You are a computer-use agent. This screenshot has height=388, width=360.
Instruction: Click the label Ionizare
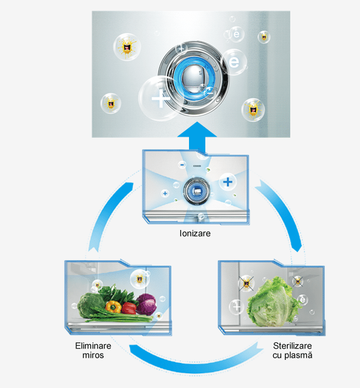point(195,233)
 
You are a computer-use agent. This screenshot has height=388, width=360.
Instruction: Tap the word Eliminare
point(93,346)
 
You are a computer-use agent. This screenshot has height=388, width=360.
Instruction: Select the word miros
point(93,355)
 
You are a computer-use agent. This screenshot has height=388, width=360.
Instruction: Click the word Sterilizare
point(292,346)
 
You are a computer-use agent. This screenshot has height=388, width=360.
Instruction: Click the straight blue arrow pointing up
point(197,136)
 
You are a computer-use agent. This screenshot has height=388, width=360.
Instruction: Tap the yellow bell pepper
point(114,307)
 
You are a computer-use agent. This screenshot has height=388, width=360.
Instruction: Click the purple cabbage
point(146,304)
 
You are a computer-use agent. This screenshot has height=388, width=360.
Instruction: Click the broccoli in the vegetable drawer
point(91,305)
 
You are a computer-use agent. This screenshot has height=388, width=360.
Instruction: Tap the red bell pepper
point(129,308)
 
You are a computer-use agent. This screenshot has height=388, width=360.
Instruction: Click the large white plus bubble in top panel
point(160,98)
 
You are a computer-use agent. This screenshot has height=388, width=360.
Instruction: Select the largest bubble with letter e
point(234,62)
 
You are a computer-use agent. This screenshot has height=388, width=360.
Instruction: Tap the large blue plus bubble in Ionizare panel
point(228,182)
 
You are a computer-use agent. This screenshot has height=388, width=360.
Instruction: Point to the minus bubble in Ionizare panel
point(183,165)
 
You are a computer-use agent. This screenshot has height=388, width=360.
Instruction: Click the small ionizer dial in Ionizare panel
point(197,191)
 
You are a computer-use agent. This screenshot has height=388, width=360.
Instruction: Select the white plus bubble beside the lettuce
point(236,307)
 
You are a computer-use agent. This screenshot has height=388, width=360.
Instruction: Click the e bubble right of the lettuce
point(303,300)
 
